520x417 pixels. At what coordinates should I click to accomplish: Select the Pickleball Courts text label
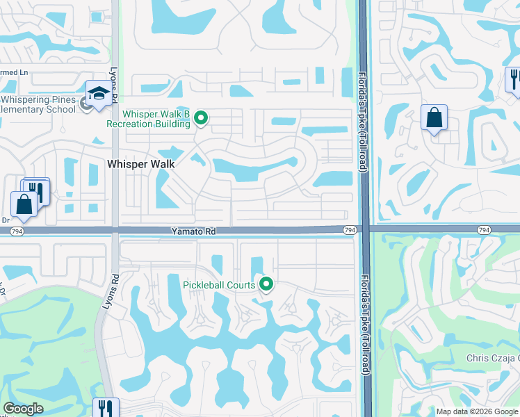pyautogui.click(x=219, y=285)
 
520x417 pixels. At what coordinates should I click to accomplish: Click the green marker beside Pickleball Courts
pyautogui.click(x=266, y=284)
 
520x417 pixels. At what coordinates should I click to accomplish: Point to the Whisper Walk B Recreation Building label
pyautogui.click(x=147, y=119)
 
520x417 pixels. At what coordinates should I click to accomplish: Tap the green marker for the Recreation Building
pyautogui.click(x=201, y=118)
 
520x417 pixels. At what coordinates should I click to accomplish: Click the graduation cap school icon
pyautogui.click(x=98, y=94)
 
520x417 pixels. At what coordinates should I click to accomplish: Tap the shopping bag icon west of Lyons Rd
pyautogui.click(x=24, y=204)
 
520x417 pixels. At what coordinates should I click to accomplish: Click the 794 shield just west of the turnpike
pyautogui.click(x=349, y=229)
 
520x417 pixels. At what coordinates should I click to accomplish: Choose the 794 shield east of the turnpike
pyautogui.click(x=485, y=229)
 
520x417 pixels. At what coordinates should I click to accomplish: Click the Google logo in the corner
pyautogui.click(x=23, y=409)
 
